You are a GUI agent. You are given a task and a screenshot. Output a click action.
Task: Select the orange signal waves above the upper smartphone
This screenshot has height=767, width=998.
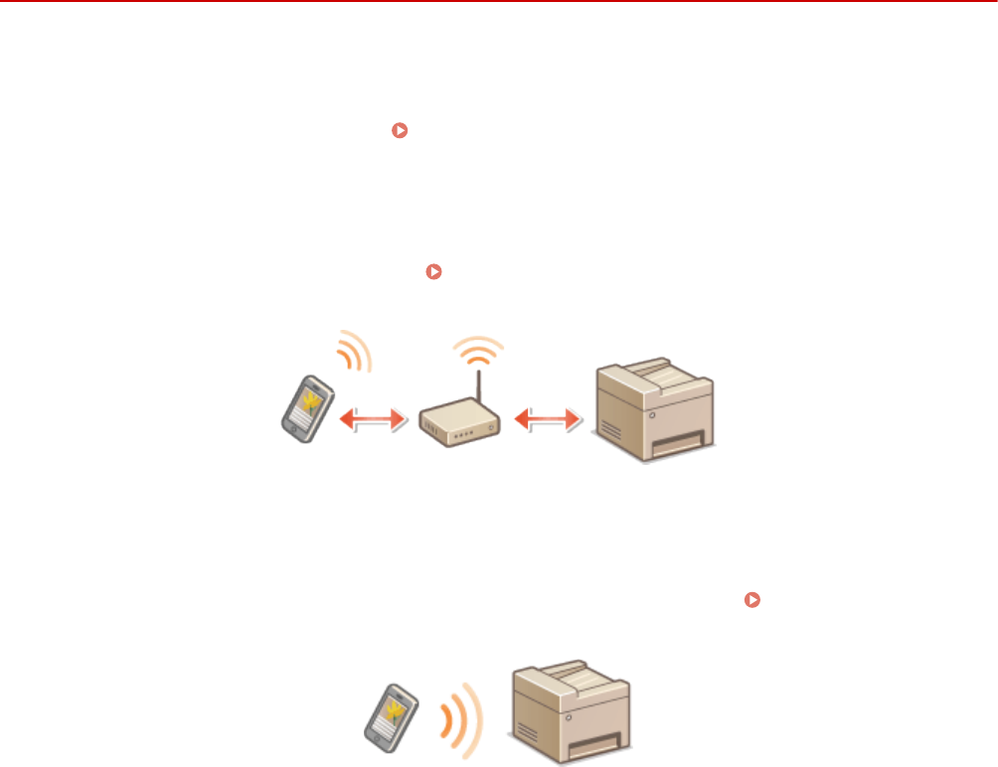click(x=352, y=352)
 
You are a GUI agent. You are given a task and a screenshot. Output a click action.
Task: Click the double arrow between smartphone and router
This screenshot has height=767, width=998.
click(x=373, y=420)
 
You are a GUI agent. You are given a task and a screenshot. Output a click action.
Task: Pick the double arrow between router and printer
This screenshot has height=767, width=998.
click(x=545, y=421)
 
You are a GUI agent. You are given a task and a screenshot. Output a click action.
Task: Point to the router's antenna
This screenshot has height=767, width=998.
click(x=479, y=388)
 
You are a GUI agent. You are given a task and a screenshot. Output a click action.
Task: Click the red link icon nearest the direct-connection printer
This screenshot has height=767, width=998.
click(x=753, y=600)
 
